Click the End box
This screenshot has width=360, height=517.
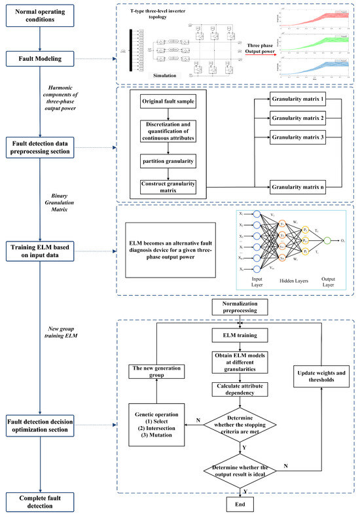(239, 505)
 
